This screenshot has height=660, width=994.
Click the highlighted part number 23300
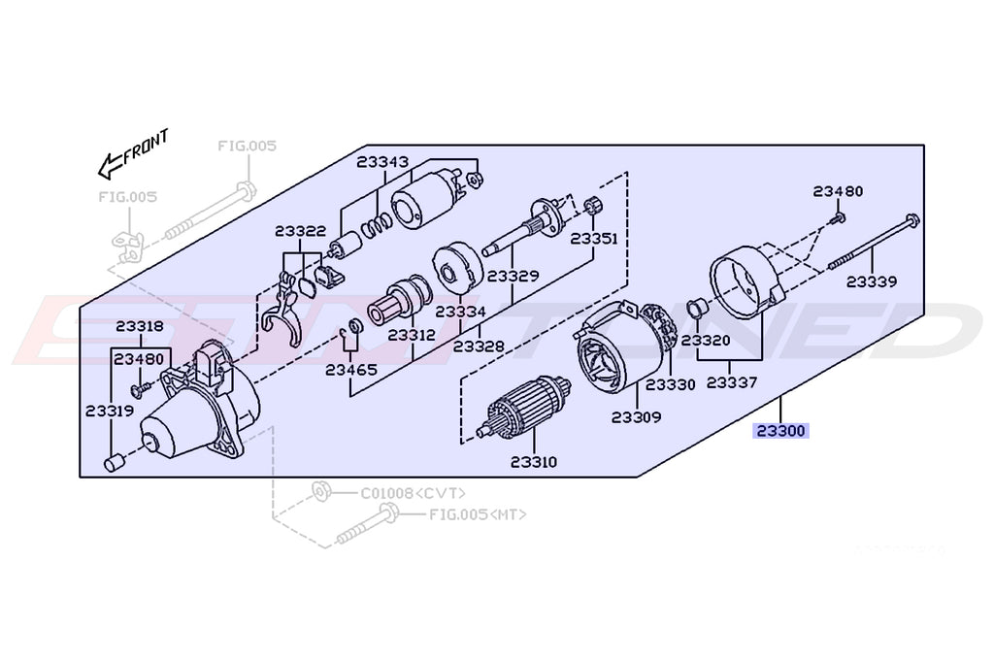pyautogui.click(x=781, y=431)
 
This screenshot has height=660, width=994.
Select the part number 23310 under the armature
pyautogui.click(x=533, y=462)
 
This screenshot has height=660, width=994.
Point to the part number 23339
pyautogui.click(x=871, y=281)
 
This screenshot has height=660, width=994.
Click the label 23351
pyautogui.click(x=594, y=238)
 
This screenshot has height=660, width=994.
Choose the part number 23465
pyautogui.click(x=349, y=369)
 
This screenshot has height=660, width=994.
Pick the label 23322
pyautogui.click(x=300, y=231)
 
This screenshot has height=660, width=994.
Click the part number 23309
pyautogui.click(x=636, y=417)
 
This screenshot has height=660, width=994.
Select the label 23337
pyautogui.click(x=732, y=382)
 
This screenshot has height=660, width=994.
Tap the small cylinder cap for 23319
pyautogui.click(x=113, y=461)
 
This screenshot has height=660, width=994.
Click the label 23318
pyautogui.click(x=140, y=327)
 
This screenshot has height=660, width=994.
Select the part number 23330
pyautogui.click(x=671, y=384)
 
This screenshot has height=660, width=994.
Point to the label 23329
pyautogui.click(x=514, y=276)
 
